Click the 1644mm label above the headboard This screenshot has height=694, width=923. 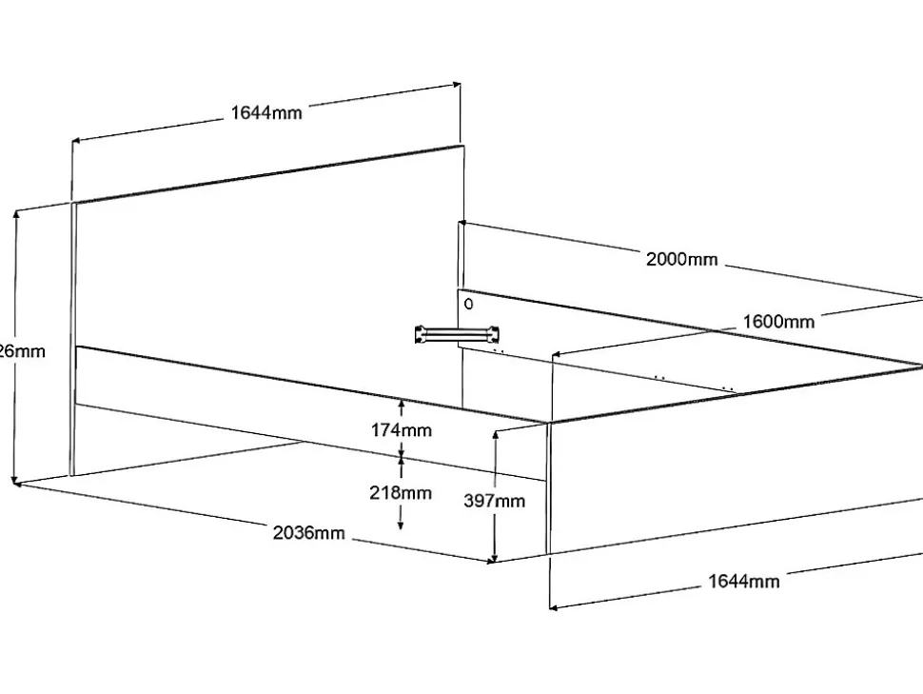pyautogui.click(x=266, y=113)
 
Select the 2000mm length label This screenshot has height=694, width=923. pyautogui.click(x=681, y=259)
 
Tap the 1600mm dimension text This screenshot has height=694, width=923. pyautogui.click(x=778, y=322)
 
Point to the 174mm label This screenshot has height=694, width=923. pyautogui.click(x=401, y=430)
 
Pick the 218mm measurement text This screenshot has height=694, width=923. pyautogui.click(x=401, y=493)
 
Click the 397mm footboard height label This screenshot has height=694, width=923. pyautogui.click(x=495, y=501)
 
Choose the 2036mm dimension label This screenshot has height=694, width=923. pyautogui.click(x=308, y=532)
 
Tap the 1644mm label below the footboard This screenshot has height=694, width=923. pyautogui.click(x=744, y=581)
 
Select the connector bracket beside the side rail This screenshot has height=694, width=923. pyautogui.click(x=457, y=334)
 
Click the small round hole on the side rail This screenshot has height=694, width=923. pyautogui.click(x=468, y=305)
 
